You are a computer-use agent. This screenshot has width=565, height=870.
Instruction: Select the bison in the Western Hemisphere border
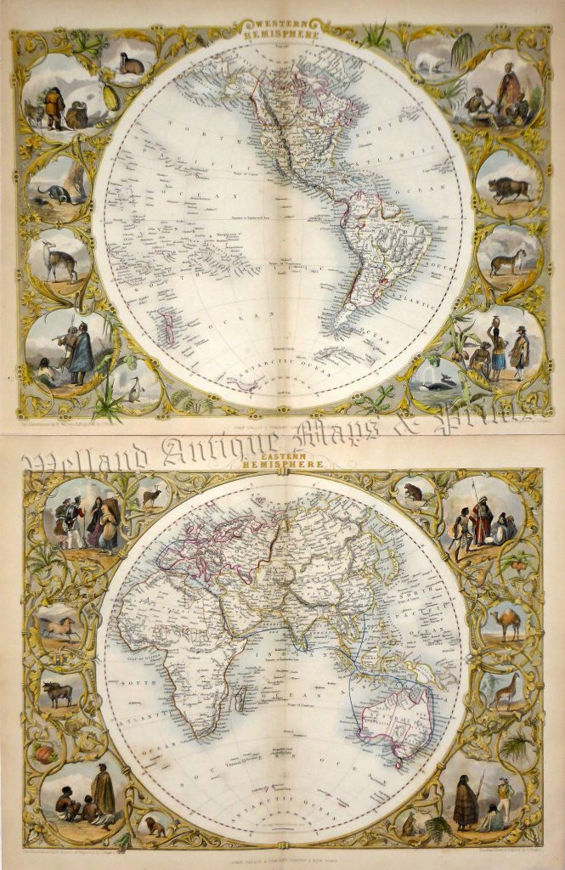pyautogui.click(x=508, y=189)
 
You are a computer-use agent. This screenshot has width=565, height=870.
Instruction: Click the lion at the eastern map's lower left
pyautogui.click(x=155, y=826)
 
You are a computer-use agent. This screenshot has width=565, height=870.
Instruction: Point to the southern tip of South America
pyautogui.click(x=343, y=327)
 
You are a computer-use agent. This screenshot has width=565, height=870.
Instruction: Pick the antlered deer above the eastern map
pyautogui.click(x=154, y=494)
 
